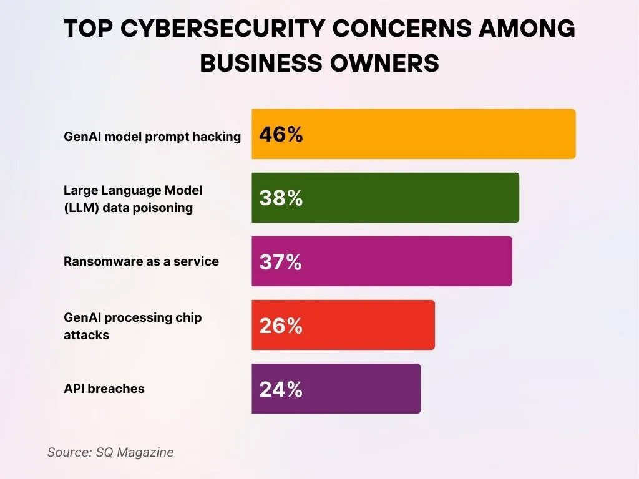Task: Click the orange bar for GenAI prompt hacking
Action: pyautogui.click(x=413, y=134)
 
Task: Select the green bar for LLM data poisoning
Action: pyautogui.click(x=385, y=198)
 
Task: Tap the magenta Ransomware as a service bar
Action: pyautogui.click(x=381, y=261)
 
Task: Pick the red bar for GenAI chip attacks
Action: pyautogui.click(x=343, y=325)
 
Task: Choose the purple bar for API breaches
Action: pyautogui.click(x=336, y=389)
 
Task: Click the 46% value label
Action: pyautogui.click(x=281, y=135)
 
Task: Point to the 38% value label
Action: pyautogui.click(x=281, y=198)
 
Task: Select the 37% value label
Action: pyautogui.click(x=281, y=262)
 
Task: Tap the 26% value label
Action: pyautogui.click(x=281, y=326)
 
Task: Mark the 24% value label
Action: pyautogui.click(x=281, y=389)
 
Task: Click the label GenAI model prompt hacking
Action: pyautogui.click(x=152, y=137)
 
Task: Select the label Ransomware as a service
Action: pyautogui.click(x=141, y=261)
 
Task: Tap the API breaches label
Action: pyautogui.click(x=104, y=389)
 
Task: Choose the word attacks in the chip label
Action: pyautogui.click(x=86, y=335)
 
